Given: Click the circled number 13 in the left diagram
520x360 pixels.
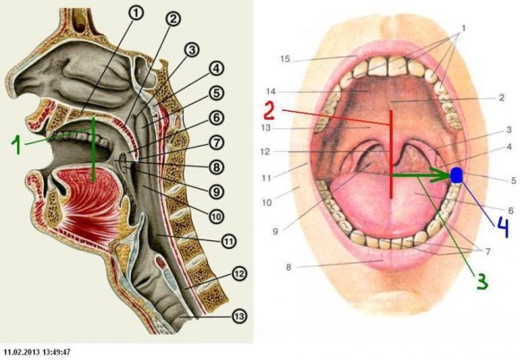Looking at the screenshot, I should pyautogui.click(x=237, y=317).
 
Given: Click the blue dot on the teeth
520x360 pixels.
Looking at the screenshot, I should pyautogui.click(x=457, y=175).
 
